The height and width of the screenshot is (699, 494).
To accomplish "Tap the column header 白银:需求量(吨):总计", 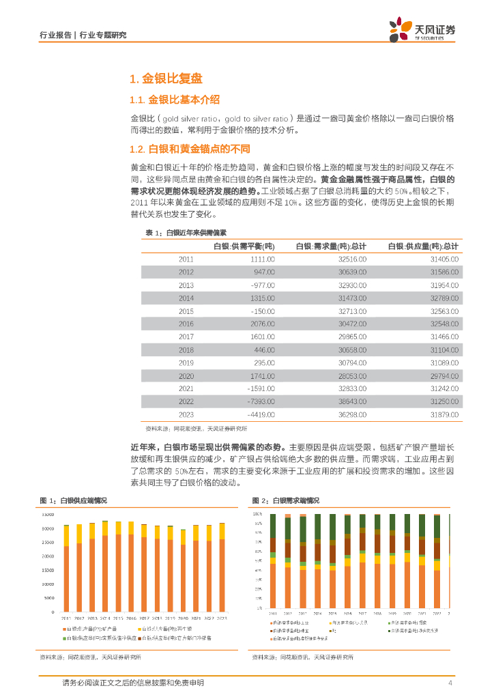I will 331,246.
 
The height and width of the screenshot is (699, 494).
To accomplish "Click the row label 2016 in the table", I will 186,324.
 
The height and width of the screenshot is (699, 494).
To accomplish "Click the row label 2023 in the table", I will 186,414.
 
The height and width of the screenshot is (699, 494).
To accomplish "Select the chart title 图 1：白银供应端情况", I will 74,500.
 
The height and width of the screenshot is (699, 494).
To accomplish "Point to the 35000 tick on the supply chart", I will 48,514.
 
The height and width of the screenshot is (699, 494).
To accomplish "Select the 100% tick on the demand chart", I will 257,513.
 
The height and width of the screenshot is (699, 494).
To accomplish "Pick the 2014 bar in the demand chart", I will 318,560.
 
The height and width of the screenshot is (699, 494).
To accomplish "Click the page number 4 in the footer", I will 450,683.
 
